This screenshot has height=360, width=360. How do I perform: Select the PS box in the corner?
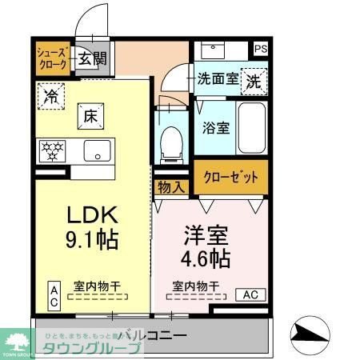[x=261, y=49]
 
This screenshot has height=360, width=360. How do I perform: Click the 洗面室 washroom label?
[x=218, y=79]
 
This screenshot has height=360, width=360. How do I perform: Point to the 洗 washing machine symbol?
[x=253, y=80]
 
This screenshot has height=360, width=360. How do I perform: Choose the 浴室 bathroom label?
[x=215, y=126]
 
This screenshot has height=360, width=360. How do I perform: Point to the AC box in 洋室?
[x=251, y=294]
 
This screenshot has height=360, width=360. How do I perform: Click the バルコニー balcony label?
[x=153, y=334]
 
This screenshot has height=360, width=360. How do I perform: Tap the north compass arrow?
[x=313, y=331]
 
